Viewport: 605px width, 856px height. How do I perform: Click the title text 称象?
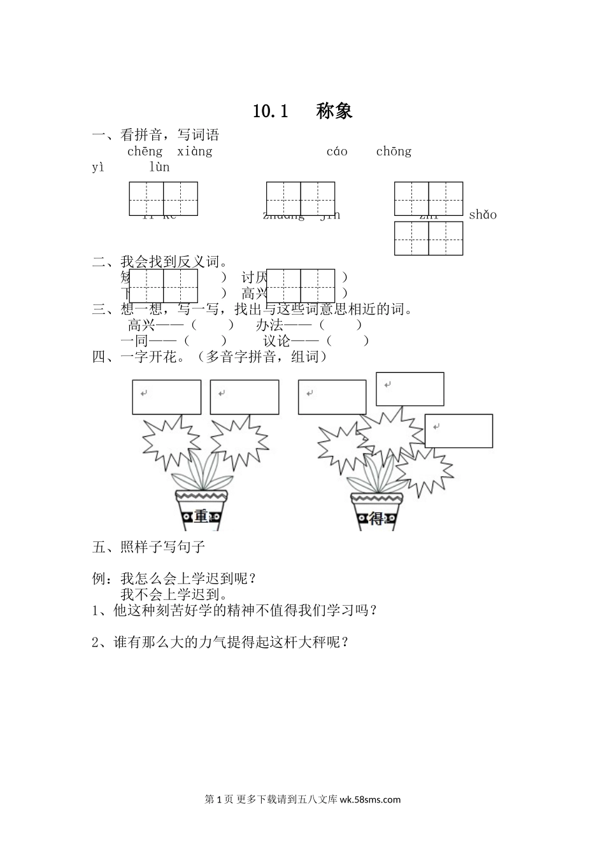(x=334, y=111)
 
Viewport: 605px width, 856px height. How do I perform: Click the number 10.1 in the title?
(x=271, y=111)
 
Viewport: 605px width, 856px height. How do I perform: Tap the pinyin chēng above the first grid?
(x=145, y=152)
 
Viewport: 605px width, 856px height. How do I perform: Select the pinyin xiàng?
(x=194, y=152)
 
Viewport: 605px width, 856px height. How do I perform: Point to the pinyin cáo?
(x=337, y=152)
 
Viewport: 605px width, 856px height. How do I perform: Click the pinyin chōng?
(x=394, y=152)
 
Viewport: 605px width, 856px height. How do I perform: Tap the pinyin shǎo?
(x=482, y=215)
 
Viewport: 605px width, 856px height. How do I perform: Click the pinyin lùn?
(x=159, y=168)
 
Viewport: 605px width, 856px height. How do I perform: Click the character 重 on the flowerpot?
(x=201, y=517)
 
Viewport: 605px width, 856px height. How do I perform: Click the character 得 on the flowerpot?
(x=376, y=518)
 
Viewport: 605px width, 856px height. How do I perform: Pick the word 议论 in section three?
(x=277, y=341)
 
